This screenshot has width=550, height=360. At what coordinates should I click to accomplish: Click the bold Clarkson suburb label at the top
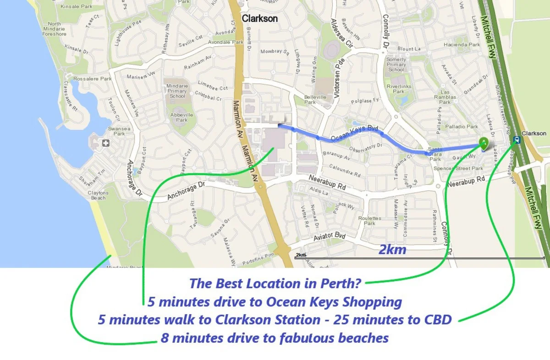[259, 19]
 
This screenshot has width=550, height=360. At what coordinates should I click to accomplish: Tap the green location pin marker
[484, 143]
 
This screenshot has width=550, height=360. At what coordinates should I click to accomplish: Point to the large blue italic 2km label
[392, 249]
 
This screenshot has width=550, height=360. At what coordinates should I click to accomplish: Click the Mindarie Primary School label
[177, 91]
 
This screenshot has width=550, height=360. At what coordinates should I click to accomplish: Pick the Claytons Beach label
[98, 195]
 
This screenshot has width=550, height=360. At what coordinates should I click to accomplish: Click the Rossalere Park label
[93, 78]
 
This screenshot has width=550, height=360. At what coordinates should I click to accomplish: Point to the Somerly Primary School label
[396, 64]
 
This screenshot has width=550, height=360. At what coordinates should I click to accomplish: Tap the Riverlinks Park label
[399, 89]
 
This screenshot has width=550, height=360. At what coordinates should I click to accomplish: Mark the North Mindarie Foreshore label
[54, 29]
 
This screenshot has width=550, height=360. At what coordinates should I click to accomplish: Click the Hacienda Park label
[462, 45]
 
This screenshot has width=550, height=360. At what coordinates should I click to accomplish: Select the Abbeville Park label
[181, 117]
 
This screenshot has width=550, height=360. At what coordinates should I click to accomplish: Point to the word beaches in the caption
[363, 338]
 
